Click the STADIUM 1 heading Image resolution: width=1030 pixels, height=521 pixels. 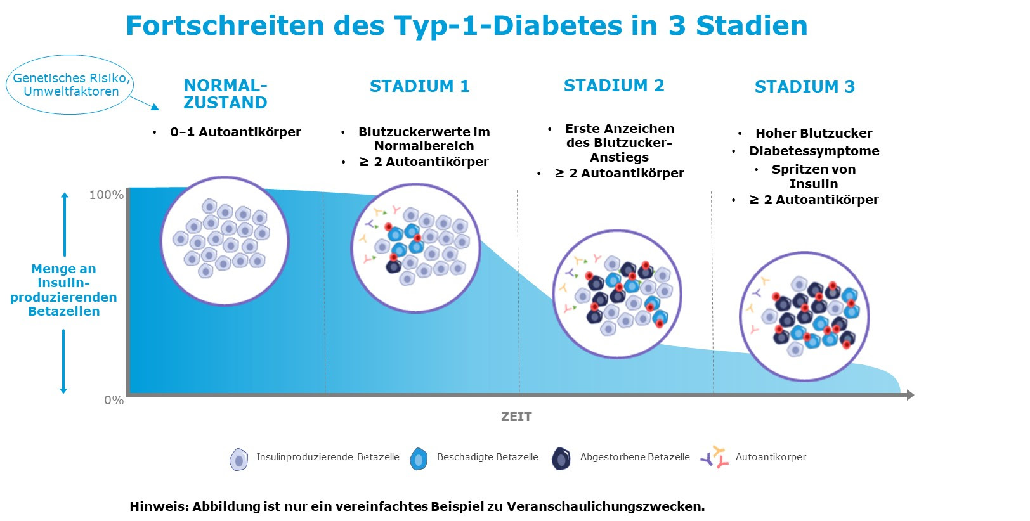[x=419, y=86]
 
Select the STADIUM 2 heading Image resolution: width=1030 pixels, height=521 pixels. [x=613, y=86]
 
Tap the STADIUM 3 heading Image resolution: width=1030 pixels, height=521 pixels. [x=804, y=87]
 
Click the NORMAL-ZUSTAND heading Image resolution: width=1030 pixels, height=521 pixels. [x=225, y=94]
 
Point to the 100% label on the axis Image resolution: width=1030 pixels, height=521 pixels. [x=106, y=195]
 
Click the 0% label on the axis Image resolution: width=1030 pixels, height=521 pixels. [x=114, y=400]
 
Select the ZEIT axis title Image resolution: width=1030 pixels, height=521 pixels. [x=516, y=416]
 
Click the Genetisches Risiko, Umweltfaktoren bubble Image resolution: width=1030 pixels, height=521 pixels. [x=70, y=85]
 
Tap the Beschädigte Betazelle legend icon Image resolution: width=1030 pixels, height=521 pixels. [x=419, y=458]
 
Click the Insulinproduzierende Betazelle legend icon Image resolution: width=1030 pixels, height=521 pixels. [x=238, y=459]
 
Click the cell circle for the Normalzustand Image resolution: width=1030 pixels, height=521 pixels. [x=225, y=241]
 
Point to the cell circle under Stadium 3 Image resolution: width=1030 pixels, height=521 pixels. [x=804, y=316]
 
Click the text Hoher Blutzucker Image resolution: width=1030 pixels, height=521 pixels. [x=813, y=133]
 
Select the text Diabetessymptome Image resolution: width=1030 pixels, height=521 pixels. [x=814, y=151]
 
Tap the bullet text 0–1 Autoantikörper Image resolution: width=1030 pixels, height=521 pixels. [x=235, y=132]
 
